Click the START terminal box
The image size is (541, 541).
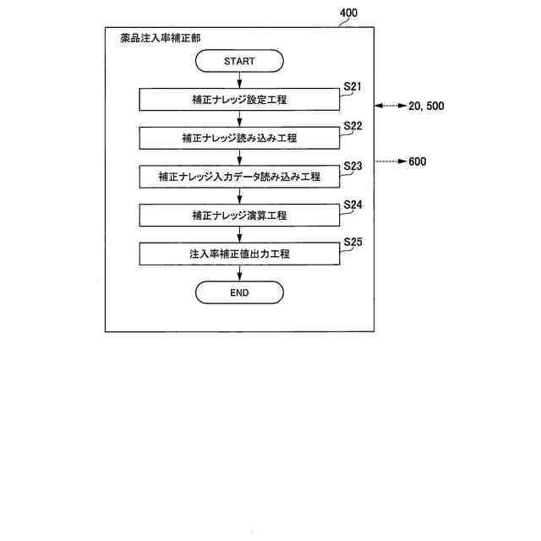(239, 61)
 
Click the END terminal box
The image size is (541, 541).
(239, 292)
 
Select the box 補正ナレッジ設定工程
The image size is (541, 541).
(239, 100)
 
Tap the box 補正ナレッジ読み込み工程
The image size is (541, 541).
(239, 138)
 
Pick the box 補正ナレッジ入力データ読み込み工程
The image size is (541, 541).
(239, 177)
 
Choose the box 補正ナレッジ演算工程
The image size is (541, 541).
(239, 216)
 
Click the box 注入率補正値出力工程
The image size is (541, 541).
(239, 254)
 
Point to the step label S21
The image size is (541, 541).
(352, 87)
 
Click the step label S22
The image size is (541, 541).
(352, 126)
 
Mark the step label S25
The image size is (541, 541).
(352, 243)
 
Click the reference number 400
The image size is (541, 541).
(347, 14)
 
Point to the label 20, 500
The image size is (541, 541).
(425, 106)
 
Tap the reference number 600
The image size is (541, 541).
(417, 161)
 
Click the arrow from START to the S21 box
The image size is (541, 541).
(239, 80)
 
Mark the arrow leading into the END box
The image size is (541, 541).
(239, 273)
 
